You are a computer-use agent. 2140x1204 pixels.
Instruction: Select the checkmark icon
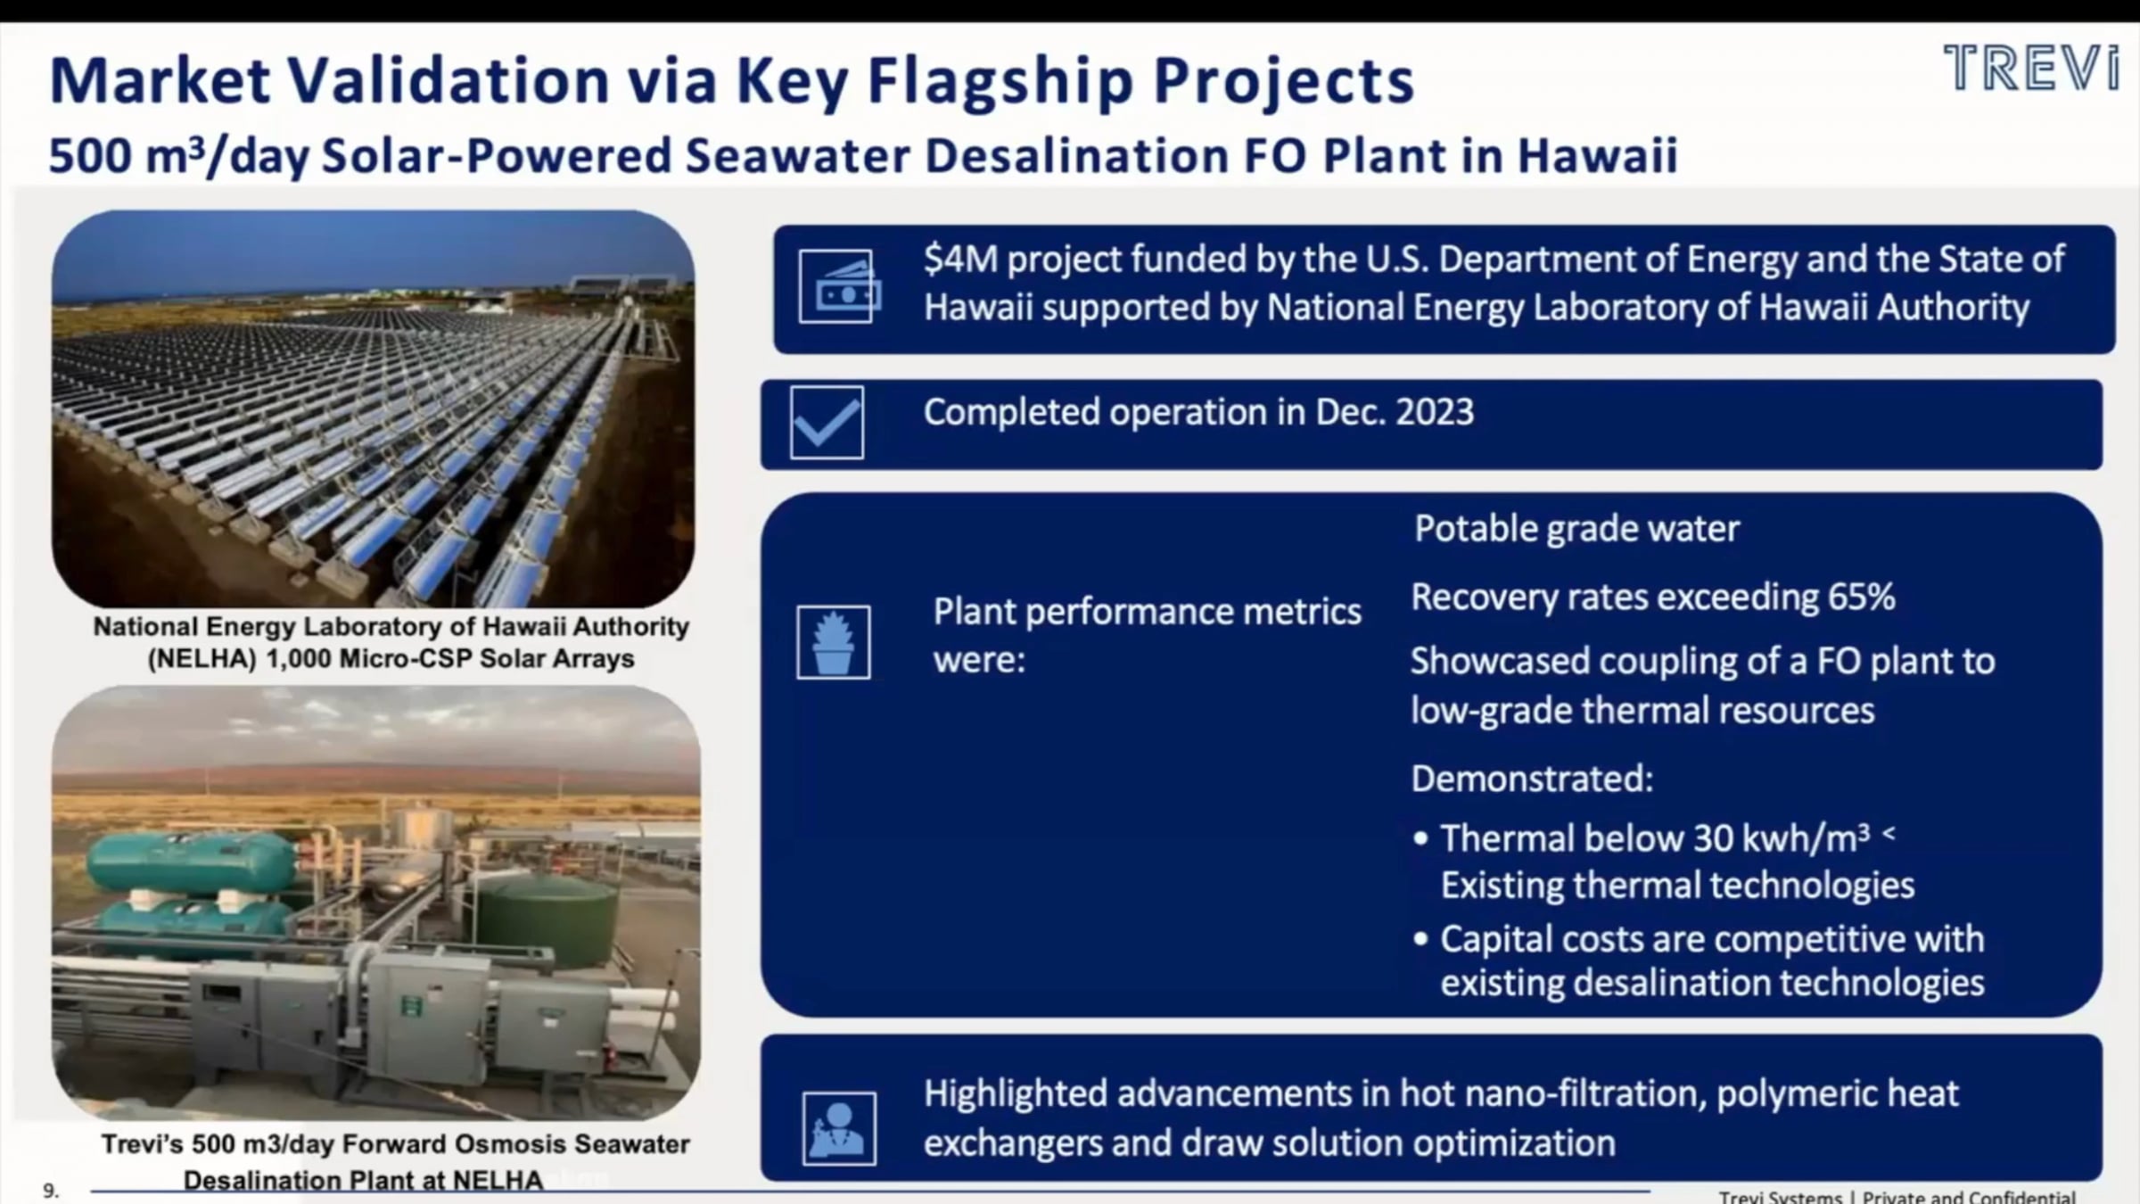coord(827,423)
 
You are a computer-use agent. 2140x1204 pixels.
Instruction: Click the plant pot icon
coord(834,642)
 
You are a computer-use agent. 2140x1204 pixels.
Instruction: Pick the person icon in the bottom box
coord(839,1128)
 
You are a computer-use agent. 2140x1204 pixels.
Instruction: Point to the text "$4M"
coord(959,260)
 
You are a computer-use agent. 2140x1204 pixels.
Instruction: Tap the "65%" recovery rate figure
coord(1861,598)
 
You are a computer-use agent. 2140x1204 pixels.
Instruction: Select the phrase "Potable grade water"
coord(1576,529)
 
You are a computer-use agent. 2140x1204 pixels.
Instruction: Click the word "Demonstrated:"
coord(1532,779)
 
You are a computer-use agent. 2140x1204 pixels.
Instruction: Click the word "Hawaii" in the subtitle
coord(1598,155)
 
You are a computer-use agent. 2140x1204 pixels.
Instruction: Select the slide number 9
coord(51,1190)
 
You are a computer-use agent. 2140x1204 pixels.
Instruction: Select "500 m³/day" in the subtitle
coord(177,155)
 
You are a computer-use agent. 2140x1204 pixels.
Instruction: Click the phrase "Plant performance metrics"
coord(1147,612)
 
